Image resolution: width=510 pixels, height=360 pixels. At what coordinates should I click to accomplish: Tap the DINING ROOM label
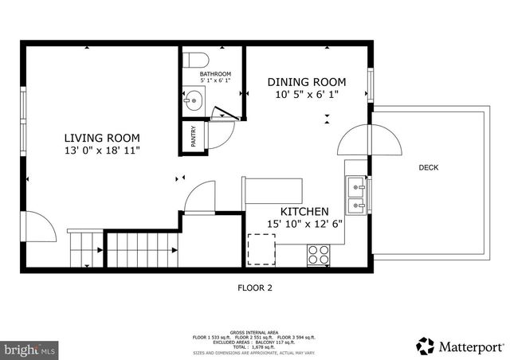pyautogui.click(x=306, y=82)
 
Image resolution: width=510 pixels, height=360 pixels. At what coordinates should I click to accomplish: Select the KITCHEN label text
pyautogui.click(x=304, y=211)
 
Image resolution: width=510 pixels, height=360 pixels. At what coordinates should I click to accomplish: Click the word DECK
pyautogui.click(x=428, y=167)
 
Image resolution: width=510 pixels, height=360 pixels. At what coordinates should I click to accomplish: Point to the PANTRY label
pyautogui.click(x=192, y=137)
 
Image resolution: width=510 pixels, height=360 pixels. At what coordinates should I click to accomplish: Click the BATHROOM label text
pyautogui.click(x=215, y=74)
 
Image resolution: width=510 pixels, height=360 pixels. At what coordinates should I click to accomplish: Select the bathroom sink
pyautogui.click(x=194, y=101)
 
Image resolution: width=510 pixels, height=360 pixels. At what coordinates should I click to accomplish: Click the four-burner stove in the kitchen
pyautogui.click(x=319, y=253)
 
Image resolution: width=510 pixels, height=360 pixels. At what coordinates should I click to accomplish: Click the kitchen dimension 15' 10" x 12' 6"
pyautogui.click(x=304, y=224)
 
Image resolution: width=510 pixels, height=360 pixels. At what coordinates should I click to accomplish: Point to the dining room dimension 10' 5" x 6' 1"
pyautogui.click(x=306, y=95)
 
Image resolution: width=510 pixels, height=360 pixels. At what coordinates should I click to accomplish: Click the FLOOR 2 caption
pyautogui.click(x=255, y=288)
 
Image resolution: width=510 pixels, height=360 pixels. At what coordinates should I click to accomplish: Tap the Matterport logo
pyautogui.click(x=460, y=346)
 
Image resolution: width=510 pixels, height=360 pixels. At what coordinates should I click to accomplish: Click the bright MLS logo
pyautogui.click(x=30, y=349)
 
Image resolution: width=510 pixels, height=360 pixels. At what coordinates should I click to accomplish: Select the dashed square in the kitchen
pyautogui.click(x=261, y=249)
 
